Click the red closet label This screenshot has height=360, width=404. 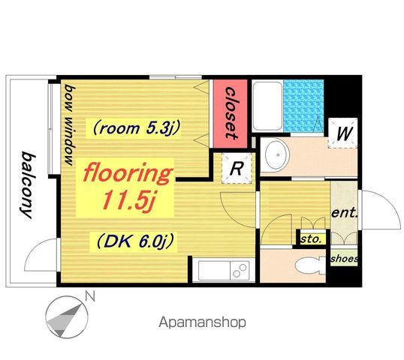tap(230, 113)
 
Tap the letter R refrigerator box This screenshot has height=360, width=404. tap(237, 168)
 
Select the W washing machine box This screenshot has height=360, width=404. tap(343, 133)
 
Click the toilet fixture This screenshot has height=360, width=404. tap(310, 265)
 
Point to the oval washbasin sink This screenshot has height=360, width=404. tap(278, 155)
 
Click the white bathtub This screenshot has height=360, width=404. tap(267, 106)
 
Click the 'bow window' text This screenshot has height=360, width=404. tap(70, 124)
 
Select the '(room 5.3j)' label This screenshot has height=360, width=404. tap(136, 128)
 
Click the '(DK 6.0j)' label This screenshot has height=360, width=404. tap(134, 241)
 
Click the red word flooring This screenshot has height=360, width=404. tap(128, 174)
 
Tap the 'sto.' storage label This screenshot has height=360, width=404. tap(311, 239)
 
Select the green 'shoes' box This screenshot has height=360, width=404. tap(344, 258)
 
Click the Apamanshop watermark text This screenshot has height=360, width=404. tap(202, 322)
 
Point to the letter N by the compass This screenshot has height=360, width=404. tap(90, 296)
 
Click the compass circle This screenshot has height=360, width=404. tap(67, 316)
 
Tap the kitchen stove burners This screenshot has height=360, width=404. tap(240, 271)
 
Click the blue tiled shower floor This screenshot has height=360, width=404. tap(303, 106)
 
